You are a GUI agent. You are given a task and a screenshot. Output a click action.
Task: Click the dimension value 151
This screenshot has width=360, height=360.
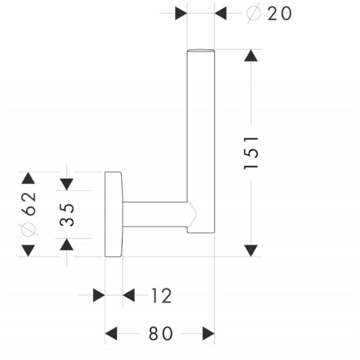pyautogui.click(x=251, y=153)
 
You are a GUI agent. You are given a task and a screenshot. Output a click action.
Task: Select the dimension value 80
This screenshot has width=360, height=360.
pyautogui.click(x=161, y=334)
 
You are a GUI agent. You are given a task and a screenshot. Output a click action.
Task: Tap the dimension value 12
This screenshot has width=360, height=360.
pyautogui.click(x=162, y=295)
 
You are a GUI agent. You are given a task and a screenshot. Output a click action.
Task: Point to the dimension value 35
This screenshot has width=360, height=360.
pyautogui.click(x=67, y=215)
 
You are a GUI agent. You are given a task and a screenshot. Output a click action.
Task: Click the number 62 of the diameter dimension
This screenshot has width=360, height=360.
pyautogui.click(x=28, y=204)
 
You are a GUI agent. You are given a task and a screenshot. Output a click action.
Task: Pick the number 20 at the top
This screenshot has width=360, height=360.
pyautogui.click(x=279, y=14)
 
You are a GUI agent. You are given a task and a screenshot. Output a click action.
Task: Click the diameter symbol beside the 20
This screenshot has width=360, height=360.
pyautogui.click(x=254, y=13)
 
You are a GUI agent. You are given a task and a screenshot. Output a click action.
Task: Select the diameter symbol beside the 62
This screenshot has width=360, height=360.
pyautogui.click(x=28, y=229)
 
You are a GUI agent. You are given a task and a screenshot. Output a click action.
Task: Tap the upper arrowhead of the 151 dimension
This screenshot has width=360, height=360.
pyautogui.click(x=251, y=55)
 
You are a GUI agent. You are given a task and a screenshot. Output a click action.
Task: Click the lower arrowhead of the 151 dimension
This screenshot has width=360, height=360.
pyautogui.click(x=251, y=251)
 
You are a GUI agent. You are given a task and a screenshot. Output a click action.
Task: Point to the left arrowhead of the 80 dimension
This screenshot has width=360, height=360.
pyautogui.click(x=111, y=334)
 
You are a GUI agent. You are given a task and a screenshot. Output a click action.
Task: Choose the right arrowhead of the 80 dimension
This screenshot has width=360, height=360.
pyautogui.click(x=209, y=334)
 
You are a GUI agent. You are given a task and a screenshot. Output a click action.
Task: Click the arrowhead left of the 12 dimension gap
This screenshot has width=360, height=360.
pyautogui.click(x=99, y=295)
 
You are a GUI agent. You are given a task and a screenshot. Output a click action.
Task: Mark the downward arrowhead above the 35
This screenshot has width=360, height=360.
pyautogui.click(x=67, y=184)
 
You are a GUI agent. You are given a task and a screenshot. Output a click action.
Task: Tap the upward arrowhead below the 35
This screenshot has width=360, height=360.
pyautogui.click(x=67, y=244)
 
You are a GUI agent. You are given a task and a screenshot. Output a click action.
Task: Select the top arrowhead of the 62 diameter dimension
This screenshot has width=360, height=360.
pyautogui.click(x=28, y=178)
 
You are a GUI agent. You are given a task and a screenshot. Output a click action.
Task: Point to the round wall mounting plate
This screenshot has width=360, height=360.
pyautogui.click(x=114, y=214)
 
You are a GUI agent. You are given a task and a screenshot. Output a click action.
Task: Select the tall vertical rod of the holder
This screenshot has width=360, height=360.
pyautogui.click(x=201, y=141)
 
